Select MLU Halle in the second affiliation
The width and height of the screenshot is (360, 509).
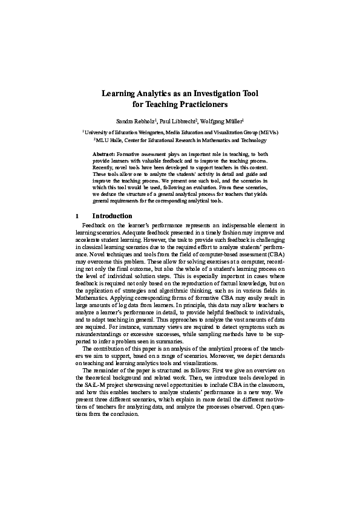click(x=110, y=140)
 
